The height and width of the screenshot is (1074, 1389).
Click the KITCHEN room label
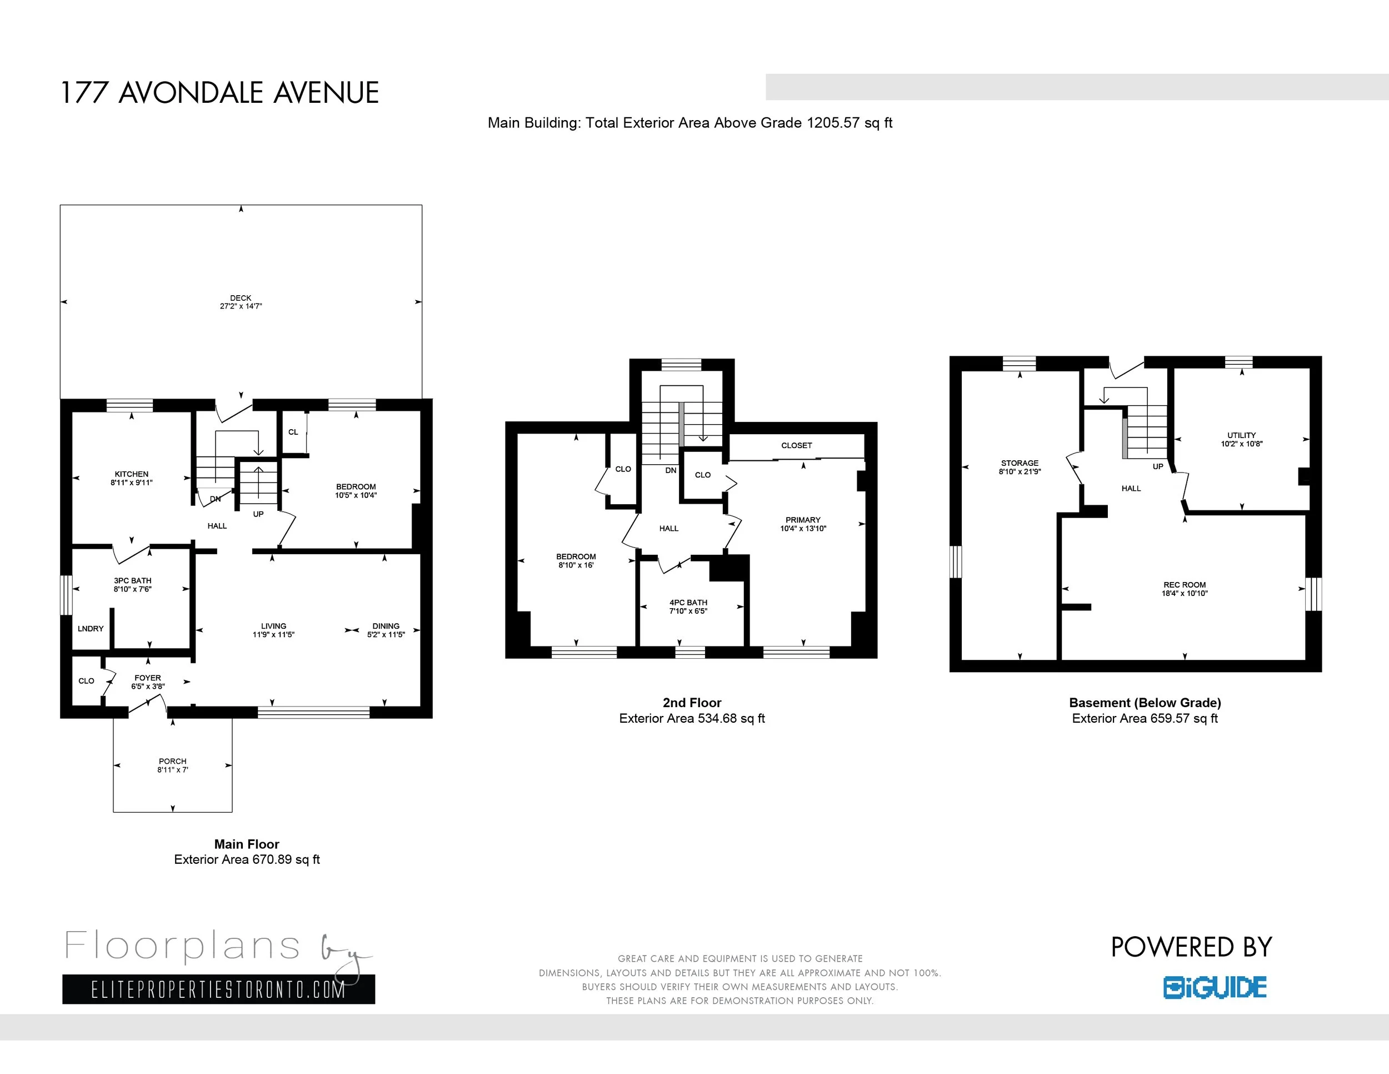132,474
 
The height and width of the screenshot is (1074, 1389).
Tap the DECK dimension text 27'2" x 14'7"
241,306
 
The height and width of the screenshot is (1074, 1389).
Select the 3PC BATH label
133,580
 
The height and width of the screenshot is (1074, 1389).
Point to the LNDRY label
91,629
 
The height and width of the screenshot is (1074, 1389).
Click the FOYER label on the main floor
148,678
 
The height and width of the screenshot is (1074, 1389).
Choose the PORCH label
173,761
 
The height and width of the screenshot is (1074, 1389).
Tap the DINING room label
386,626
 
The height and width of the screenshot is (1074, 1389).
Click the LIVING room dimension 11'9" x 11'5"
273,634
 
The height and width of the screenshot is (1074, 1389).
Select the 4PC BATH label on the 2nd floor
688,603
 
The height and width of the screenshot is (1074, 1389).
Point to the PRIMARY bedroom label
803,520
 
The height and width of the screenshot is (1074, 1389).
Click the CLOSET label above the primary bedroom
797,445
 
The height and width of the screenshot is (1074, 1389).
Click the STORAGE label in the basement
1020,463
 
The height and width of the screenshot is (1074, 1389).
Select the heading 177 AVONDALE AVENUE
219,93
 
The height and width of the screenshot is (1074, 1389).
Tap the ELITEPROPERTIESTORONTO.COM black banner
219,990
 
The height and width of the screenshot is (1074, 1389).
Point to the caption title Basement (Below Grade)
1145,703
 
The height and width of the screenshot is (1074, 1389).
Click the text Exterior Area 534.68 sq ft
692,718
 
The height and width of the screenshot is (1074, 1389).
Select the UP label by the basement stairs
1158,466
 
